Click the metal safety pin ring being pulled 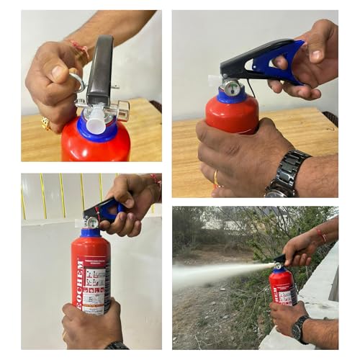[78, 83]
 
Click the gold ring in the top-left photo [45, 123]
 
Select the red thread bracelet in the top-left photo [79, 49]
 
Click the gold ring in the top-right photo [215, 177]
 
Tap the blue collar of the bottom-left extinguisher [91, 233]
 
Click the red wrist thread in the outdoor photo [320, 235]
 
